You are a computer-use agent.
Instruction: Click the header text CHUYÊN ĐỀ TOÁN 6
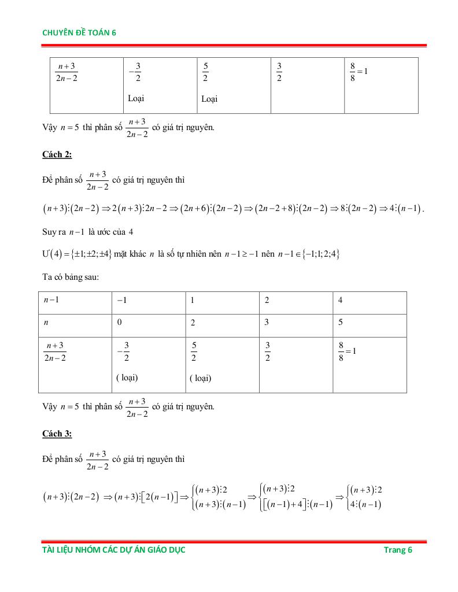click(79, 33)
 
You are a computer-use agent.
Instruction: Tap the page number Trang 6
click(398, 550)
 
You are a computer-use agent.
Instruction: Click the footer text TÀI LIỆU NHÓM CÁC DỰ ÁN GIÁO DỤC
click(114, 550)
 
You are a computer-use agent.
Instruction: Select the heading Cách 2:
click(57, 154)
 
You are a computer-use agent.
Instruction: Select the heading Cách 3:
click(57, 434)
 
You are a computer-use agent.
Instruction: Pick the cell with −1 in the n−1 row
click(121, 301)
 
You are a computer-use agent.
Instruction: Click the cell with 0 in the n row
click(119, 323)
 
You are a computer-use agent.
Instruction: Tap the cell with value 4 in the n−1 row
click(341, 301)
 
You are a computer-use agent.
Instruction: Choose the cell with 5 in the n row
click(341, 323)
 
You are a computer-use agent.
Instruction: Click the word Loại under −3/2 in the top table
click(136, 98)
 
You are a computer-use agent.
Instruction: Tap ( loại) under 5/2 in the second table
click(200, 379)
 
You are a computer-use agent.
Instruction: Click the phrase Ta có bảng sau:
click(71, 277)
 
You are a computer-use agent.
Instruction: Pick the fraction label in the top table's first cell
click(67, 73)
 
